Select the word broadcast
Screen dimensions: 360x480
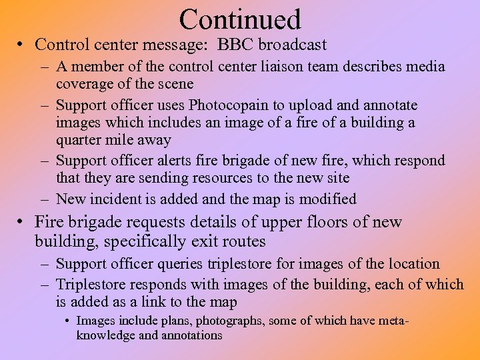tap(294, 45)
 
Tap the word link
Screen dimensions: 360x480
tap(171, 302)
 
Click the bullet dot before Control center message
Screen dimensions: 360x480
tap(22, 45)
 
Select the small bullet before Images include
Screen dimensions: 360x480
tap(69, 321)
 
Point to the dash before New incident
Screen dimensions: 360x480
tap(45, 199)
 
